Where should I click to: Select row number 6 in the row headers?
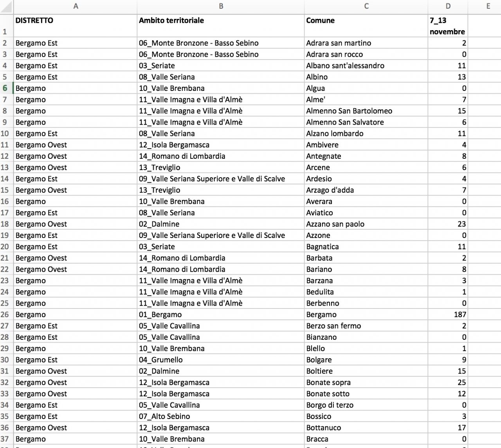pos(5,88)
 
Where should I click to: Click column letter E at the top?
pos(488,6)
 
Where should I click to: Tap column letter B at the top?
pos(221,6)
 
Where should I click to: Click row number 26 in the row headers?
pos(5,314)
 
